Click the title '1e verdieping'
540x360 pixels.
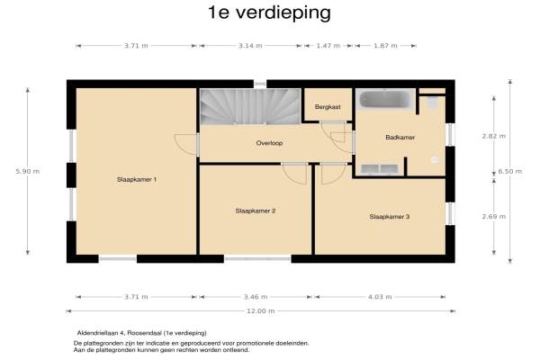coord(269,13)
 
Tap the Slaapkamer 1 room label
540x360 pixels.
coord(137,179)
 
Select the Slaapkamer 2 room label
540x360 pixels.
coord(256,211)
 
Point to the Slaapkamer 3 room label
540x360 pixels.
coord(390,217)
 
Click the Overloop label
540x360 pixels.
coord(269,143)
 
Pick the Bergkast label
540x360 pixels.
coord(328,107)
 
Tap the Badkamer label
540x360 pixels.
coord(400,137)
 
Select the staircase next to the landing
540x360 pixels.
coord(250,106)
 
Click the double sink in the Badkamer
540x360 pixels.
coord(380,169)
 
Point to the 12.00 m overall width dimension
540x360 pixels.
coord(261,311)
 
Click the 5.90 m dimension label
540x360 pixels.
coord(28,171)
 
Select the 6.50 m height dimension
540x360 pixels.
coord(510,171)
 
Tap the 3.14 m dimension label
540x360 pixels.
coord(250,46)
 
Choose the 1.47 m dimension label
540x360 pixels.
coord(328,46)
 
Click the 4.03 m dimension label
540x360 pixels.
coord(380,297)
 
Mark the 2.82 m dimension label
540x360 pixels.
coord(494,136)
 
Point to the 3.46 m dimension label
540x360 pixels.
coord(256,297)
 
